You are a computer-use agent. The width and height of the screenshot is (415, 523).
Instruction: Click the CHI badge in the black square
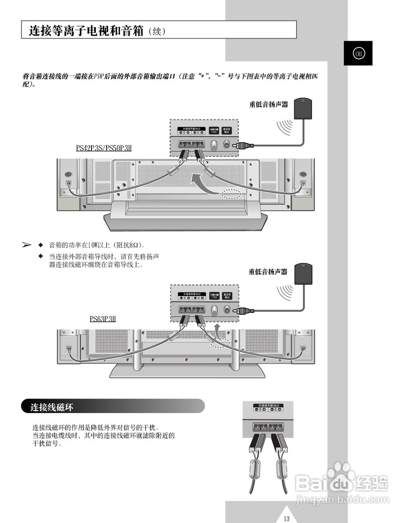pyautogui.click(x=358, y=54)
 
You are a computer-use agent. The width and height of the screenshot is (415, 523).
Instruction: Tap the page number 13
pyautogui.click(x=286, y=519)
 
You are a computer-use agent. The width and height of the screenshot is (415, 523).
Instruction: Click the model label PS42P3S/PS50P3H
pyautogui.click(x=104, y=148)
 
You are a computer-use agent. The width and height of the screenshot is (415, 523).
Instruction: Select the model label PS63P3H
pyautogui.click(x=103, y=319)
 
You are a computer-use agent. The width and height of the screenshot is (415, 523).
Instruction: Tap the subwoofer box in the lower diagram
pyautogui.click(x=303, y=274)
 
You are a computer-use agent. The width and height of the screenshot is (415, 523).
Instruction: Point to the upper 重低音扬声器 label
pyautogui.click(x=268, y=105)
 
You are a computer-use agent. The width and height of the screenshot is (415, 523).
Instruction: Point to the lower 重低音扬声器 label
pyautogui.click(x=268, y=272)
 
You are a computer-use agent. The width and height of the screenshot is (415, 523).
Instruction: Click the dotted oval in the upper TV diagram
pyautogui.click(x=231, y=194)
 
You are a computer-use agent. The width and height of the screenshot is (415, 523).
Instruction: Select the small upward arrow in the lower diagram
pyautogui.click(x=217, y=330)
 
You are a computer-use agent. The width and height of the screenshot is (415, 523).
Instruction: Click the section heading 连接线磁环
pyautogui.click(x=51, y=407)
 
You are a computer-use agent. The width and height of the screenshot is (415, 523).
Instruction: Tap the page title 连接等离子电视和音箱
pyautogui.click(x=86, y=31)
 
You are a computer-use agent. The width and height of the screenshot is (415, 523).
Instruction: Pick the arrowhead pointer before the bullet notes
pyautogui.click(x=27, y=245)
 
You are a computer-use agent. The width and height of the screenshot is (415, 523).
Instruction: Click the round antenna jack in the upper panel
pyautogui.click(x=213, y=145)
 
